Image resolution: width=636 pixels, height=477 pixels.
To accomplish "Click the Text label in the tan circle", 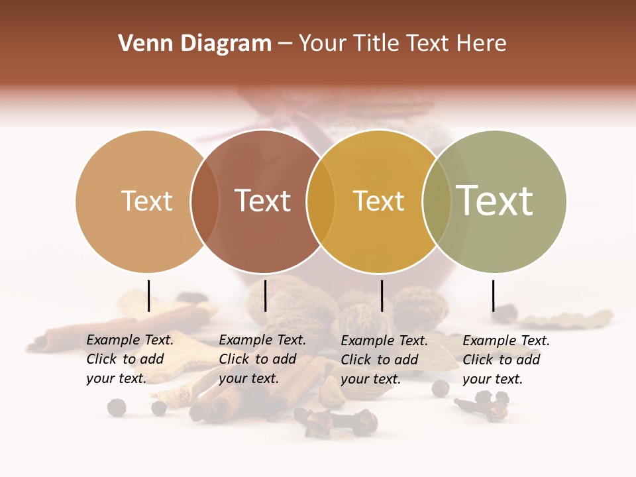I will point(147,201).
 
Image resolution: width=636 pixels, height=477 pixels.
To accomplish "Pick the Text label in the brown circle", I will point(263,201).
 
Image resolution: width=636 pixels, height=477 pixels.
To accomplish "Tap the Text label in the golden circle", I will point(378,201).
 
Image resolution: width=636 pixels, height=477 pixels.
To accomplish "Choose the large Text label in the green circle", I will point(495,201).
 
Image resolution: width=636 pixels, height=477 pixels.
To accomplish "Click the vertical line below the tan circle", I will point(149,295).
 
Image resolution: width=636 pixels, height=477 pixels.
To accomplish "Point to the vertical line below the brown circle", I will point(265,295).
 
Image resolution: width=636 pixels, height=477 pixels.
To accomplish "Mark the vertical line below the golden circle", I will point(382,295).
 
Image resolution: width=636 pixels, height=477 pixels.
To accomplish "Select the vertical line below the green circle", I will point(493,295).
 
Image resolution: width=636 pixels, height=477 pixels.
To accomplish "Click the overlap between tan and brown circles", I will point(205,201).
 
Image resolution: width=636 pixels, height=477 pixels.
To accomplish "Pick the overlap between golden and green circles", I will point(437,201).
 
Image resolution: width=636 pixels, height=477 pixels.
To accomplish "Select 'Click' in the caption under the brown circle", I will point(234,359).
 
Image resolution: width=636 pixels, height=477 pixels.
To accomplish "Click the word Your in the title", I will point(323,44).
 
